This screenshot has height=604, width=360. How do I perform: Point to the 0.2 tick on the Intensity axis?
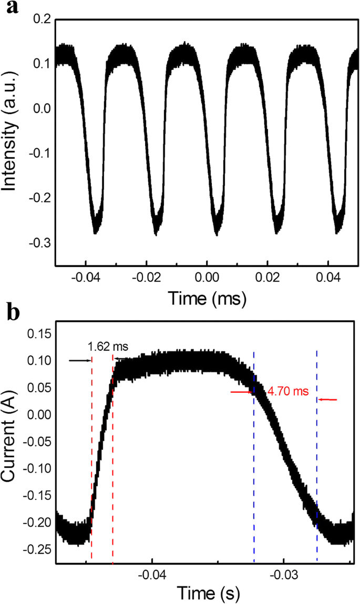coord(42,19)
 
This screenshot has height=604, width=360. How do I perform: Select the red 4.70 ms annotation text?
coord(287,392)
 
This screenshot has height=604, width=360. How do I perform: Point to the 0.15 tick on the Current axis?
coord(36,334)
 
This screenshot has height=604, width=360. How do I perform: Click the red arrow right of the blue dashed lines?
coord(328,400)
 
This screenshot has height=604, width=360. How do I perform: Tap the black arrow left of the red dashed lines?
coord(80,360)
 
